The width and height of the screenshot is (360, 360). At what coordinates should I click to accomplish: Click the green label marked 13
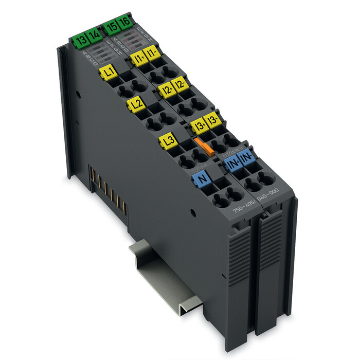click(80, 41)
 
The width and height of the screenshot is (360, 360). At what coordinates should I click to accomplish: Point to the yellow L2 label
click(136, 105)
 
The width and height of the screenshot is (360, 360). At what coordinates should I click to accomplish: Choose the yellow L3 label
click(168, 140)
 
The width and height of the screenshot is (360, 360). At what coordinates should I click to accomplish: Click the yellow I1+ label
click(138, 57)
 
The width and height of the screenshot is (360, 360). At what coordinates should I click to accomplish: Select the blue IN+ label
click(233, 165)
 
